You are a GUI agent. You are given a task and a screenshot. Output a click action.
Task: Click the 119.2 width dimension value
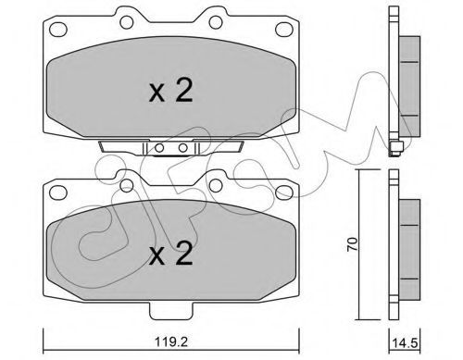[171, 341]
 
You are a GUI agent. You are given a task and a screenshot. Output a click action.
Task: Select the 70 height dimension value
[352, 244]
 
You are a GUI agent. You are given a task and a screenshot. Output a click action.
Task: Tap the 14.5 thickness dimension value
[405, 342]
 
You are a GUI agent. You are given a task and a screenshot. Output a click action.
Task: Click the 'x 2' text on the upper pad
[170, 90]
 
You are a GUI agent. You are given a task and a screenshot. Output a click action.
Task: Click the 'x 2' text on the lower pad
[170, 253]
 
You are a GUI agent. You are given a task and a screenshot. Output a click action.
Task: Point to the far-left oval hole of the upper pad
[58, 30]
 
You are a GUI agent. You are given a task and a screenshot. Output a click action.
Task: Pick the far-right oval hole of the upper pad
[284, 30]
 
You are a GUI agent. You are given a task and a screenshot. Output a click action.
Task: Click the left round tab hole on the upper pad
[127, 22]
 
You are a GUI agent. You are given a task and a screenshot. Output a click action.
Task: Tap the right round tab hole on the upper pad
[216, 22]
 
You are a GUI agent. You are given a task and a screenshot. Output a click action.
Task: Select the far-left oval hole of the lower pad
[58, 192]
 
